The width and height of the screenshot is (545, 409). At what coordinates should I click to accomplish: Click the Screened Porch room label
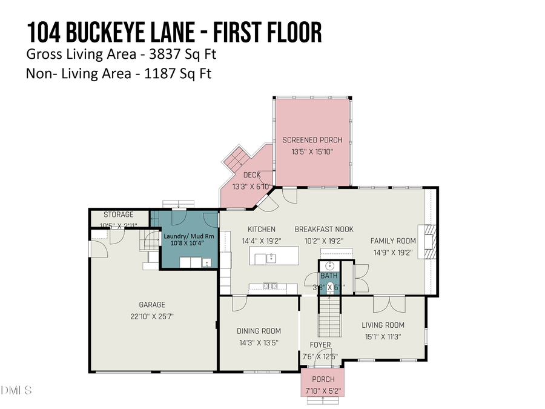[312, 140]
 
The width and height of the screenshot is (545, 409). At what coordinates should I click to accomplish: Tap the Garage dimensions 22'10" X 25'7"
[151, 316]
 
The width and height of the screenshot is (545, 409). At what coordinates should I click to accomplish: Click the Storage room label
[118, 214]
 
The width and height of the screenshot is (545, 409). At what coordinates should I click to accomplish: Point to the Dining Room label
[259, 331]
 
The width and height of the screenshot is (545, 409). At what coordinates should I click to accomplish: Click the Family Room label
[393, 241]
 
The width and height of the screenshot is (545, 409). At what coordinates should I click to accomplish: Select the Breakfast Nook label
[324, 229]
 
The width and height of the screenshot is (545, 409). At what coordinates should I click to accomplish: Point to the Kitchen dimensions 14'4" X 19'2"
[261, 241]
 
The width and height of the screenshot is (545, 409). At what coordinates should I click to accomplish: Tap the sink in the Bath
[329, 265]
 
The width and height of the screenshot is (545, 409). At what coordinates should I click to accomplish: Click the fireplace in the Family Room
[429, 241]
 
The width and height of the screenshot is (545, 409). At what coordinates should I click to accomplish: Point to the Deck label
[252, 175]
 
